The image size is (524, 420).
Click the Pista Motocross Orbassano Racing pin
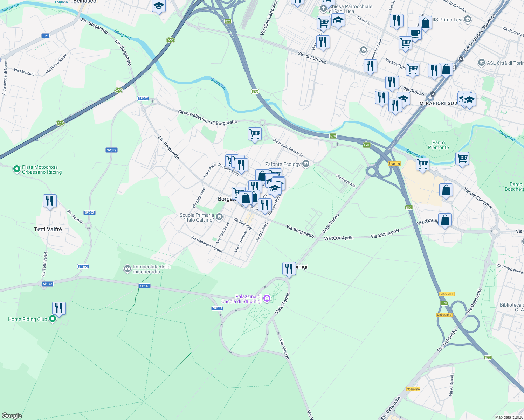tap(16, 169)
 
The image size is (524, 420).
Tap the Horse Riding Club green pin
tap(53, 319)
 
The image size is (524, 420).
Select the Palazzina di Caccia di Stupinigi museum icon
tap(267, 299)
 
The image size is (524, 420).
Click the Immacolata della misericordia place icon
tap(127, 269)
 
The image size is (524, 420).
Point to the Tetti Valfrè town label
tap(48, 229)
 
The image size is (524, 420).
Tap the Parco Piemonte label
tap(438, 145)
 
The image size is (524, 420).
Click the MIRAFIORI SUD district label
tap(438, 103)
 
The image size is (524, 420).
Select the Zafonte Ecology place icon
tap(306, 164)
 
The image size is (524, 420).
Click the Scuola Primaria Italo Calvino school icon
tap(219, 217)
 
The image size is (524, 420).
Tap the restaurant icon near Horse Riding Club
tap(59, 308)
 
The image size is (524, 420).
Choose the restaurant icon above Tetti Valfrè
tap(50, 201)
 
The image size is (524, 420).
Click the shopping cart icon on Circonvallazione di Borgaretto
tap(255, 134)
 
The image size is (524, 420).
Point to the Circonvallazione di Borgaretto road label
tap(208, 118)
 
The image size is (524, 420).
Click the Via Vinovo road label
tap(284, 349)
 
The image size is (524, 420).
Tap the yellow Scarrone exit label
tap(413, 389)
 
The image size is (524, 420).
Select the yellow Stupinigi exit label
tap(394, 163)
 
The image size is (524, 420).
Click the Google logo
tap(12, 416)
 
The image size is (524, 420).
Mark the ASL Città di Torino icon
tap(481, 63)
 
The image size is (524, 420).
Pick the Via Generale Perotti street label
tap(207, 244)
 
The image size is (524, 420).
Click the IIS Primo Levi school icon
tap(467, 20)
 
